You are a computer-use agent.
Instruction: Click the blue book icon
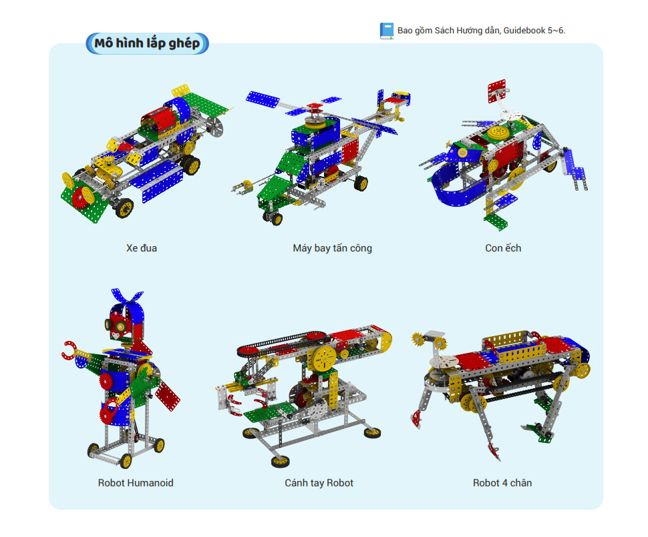(x=387, y=31)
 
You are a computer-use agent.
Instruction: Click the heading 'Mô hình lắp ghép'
(x=147, y=43)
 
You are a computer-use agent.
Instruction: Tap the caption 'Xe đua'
(x=142, y=248)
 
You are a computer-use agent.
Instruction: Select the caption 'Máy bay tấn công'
(x=332, y=248)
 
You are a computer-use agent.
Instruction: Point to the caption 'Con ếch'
(x=503, y=248)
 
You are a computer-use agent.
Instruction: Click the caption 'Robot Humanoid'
(x=136, y=483)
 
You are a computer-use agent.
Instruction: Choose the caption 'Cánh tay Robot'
(x=319, y=483)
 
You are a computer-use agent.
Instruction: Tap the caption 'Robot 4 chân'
(x=502, y=483)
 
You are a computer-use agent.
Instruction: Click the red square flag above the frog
(x=497, y=91)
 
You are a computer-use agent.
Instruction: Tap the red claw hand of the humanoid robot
(x=68, y=350)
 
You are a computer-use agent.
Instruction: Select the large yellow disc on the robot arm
(x=325, y=358)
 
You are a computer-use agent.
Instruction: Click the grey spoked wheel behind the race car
(x=214, y=126)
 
